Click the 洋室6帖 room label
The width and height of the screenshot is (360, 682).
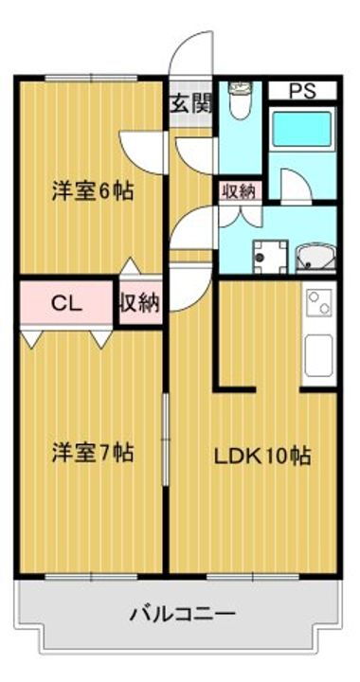click(92, 190)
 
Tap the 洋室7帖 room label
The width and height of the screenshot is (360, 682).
click(92, 453)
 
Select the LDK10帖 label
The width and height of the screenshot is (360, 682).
click(261, 454)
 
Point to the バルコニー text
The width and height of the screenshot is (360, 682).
click(183, 613)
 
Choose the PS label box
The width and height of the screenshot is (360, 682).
click(300, 92)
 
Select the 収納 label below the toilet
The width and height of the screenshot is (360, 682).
click(238, 190)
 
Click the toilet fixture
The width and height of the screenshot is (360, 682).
click(240, 100)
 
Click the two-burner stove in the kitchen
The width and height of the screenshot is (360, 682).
click(316, 305)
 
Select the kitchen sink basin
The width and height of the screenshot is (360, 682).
click(317, 354)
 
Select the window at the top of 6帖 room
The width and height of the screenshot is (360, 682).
click(92, 78)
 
